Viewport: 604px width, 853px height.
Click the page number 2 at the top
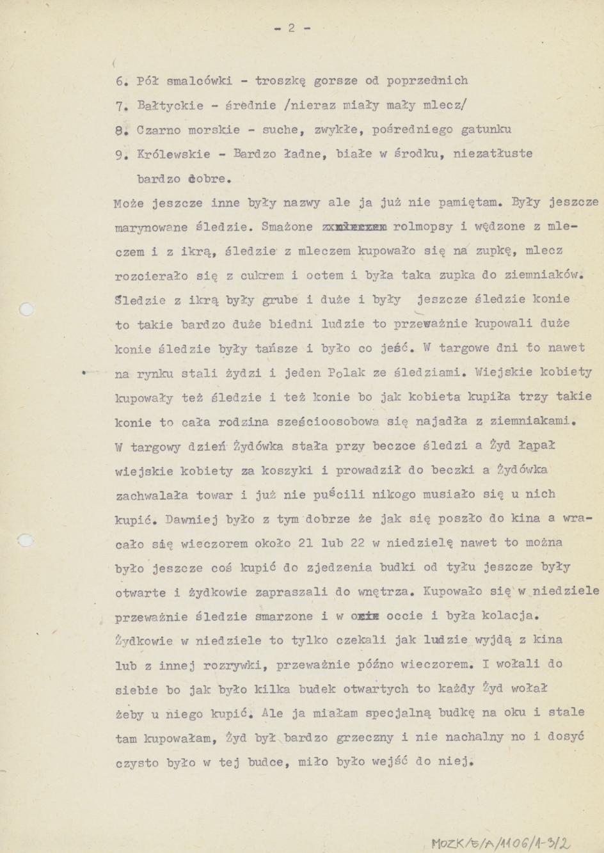[x=291, y=28]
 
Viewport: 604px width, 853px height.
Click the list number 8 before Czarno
[x=120, y=130]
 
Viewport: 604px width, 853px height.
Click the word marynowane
[x=151, y=227]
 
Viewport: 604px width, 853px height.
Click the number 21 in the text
[x=305, y=543]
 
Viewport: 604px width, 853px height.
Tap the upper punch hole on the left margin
[x=26, y=310]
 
